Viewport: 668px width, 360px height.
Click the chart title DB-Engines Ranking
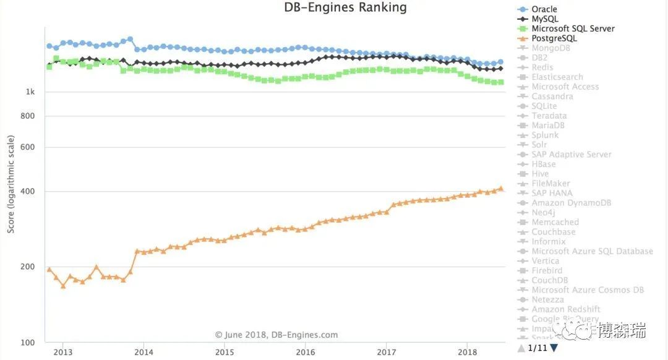tap(345, 8)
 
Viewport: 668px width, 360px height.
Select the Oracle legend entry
tap(544, 9)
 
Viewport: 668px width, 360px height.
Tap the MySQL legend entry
tap(545, 19)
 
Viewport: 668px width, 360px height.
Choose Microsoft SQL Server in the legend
tap(573, 28)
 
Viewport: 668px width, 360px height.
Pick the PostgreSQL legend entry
tap(554, 38)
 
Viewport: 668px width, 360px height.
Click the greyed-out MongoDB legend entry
tap(550, 48)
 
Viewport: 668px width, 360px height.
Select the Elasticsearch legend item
tap(557, 77)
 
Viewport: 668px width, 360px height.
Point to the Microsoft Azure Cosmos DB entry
tap(588, 290)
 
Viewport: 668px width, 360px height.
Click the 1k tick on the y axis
tap(30, 92)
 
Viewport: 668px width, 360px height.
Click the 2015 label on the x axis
tap(224, 353)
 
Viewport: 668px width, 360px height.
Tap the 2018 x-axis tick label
tap(467, 353)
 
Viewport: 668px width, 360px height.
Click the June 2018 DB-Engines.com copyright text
tap(276, 335)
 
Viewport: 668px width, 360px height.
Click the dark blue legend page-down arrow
tap(554, 348)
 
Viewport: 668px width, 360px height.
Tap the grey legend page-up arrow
tap(521, 348)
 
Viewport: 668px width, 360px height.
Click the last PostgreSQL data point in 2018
tap(500, 189)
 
